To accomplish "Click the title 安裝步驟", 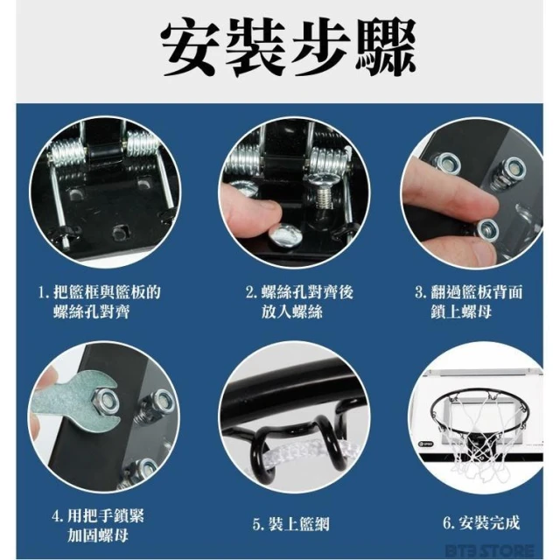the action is point(288,48).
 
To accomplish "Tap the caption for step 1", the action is point(100,302).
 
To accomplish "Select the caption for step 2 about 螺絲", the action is point(299,302).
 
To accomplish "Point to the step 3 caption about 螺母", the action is point(469,302).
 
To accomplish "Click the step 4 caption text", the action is point(98,526).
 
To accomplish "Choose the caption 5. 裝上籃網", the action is point(291,524).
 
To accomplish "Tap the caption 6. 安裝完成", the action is point(481,523).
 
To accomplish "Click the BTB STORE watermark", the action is point(490,550).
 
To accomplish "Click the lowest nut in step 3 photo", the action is point(487,230).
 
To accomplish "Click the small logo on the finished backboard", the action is point(425,444).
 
